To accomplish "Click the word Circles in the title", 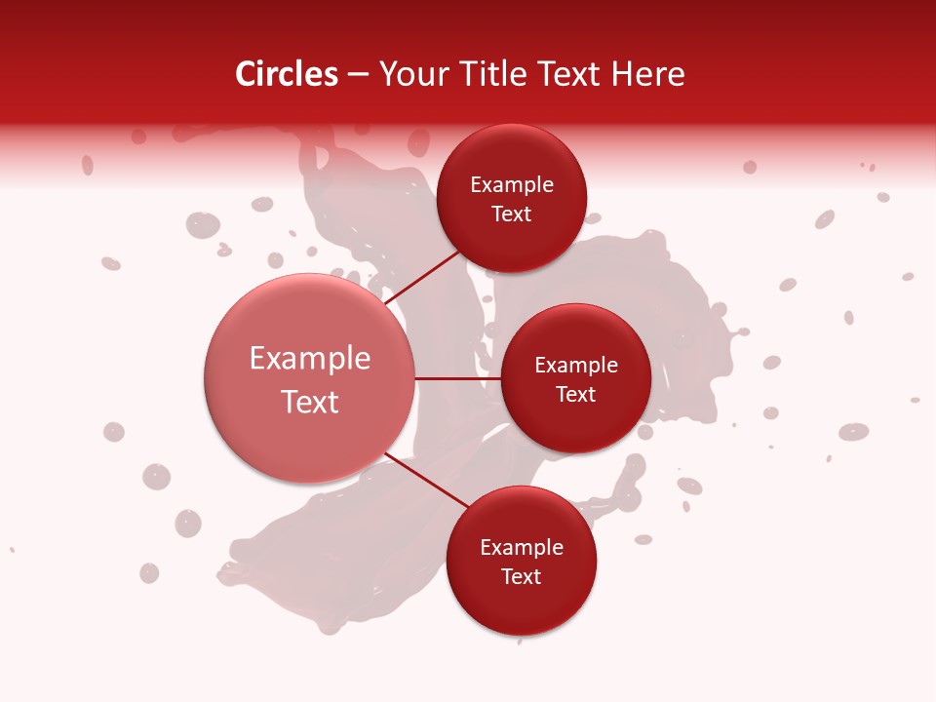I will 287,74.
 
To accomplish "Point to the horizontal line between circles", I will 457,378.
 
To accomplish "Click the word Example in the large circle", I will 310,359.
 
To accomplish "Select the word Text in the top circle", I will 511,214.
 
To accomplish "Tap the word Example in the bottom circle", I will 521,547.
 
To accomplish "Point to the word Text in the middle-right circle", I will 575,394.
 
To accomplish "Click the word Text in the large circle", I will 310,402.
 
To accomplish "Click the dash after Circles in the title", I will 358,74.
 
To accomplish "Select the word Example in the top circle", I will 511,184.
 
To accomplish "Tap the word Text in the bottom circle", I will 521,576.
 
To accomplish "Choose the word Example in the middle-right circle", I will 575,365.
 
